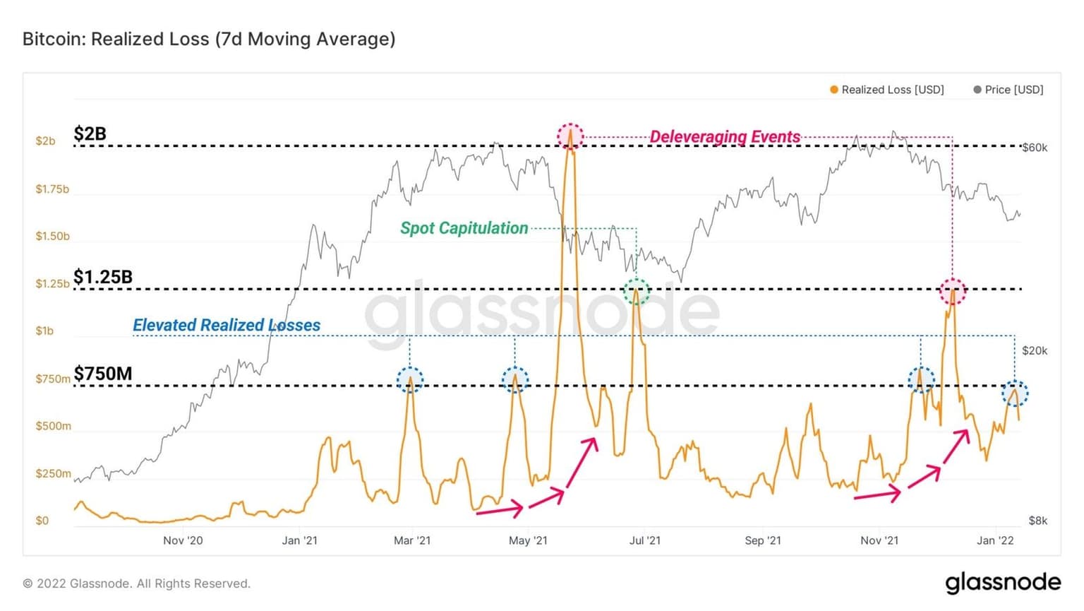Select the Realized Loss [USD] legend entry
(x=887, y=90)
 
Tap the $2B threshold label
(x=90, y=134)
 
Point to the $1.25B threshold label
(x=103, y=277)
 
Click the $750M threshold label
(x=103, y=373)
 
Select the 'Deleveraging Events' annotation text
(x=725, y=136)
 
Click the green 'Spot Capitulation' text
(x=464, y=228)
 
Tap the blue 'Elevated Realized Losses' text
(x=227, y=325)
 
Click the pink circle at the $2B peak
(x=570, y=136)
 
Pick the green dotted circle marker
(x=637, y=290)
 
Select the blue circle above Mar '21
(x=410, y=380)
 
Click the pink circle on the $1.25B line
(x=953, y=290)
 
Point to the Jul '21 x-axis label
(x=644, y=540)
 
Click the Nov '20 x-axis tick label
(x=183, y=540)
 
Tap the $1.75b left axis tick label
(x=52, y=189)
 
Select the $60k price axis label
(x=1035, y=148)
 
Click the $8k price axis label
(x=1037, y=521)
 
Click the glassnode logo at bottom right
(x=1002, y=582)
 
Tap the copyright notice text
(x=137, y=583)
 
